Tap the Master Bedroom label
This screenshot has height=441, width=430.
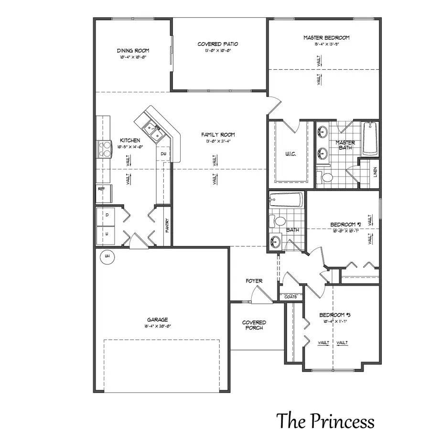click(x=326, y=38)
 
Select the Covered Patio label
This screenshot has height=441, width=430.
click(x=218, y=44)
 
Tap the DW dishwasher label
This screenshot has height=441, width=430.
click(x=163, y=154)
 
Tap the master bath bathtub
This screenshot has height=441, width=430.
click(x=371, y=139)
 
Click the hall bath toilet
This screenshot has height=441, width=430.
click(x=279, y=221)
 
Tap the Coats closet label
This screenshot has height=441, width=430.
click(x=290, y=297)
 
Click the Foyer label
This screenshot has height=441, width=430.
click(x=254, y=281)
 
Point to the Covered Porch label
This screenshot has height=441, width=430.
click(x=254, y=325)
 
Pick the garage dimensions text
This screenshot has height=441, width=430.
click(x=157, y=326)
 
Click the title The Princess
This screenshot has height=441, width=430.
click(x=325, y=421)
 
